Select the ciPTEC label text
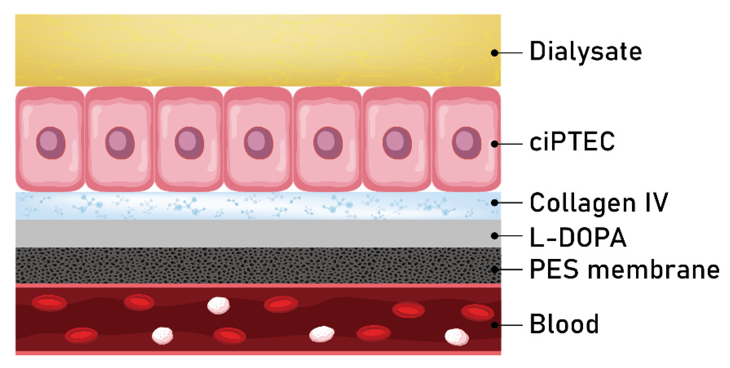(572, 142)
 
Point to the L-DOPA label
(578, 237)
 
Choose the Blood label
(564, 324)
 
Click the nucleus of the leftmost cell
(51, 143)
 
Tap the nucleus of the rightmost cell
(467, 143)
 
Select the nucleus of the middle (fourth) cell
(259, 143)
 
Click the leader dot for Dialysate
(494, 53)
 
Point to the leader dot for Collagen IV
(494, 203)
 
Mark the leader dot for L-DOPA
(494, 236)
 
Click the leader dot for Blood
(494, 325)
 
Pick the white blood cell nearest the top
(218, 305)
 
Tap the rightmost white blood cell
(457, 337)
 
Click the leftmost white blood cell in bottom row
(162, 335)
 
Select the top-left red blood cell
(49, 303)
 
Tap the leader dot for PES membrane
(494, 269)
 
